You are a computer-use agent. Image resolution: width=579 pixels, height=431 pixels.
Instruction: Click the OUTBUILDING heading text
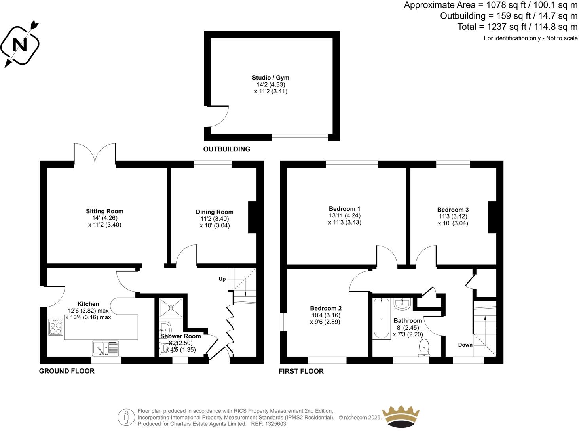(227, 149)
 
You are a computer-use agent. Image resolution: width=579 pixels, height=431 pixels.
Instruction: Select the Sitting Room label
(104, 211)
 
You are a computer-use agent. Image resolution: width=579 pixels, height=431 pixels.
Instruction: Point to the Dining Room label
(215, 212)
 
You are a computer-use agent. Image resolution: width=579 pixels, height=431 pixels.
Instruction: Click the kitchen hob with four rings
(55, 327)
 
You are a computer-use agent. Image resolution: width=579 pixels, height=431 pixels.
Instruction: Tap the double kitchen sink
(105, 348)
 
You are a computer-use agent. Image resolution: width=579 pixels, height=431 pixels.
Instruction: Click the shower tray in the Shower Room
(171, 307)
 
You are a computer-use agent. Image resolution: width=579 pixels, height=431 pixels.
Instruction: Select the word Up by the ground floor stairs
(222, 279)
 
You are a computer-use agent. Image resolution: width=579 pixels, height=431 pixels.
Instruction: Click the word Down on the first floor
(465, 345)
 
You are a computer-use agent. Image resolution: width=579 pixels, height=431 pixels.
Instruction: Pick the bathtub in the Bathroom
(382, 318)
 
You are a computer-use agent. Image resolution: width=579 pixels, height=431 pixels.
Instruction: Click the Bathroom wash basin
(402, 304)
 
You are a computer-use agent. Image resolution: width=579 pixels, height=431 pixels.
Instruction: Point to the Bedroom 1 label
(344, 209)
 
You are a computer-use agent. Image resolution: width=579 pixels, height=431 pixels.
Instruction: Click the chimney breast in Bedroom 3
(492, 217)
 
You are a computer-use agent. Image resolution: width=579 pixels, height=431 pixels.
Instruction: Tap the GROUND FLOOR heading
(67, 371)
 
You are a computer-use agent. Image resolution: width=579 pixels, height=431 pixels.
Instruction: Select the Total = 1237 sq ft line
(517, 27)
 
